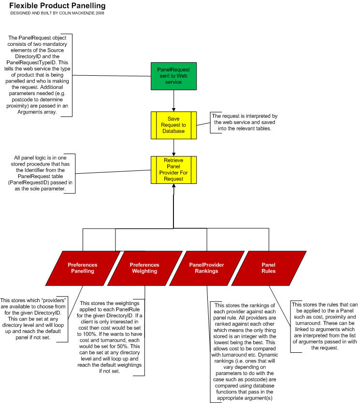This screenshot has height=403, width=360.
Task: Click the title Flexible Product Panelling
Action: click(58, 6)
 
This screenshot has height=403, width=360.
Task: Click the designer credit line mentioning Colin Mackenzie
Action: click(57, 13)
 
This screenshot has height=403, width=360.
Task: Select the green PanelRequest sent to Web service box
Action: click(173, 76)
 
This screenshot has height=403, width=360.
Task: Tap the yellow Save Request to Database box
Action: click(173, 125)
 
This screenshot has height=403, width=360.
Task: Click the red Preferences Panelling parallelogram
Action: click(83, 268)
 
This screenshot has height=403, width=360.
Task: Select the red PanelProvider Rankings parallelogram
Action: click(207, 268)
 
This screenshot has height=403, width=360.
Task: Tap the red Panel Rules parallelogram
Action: click(269, 268)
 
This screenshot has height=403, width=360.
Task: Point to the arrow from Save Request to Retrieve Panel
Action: click(173, 147)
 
